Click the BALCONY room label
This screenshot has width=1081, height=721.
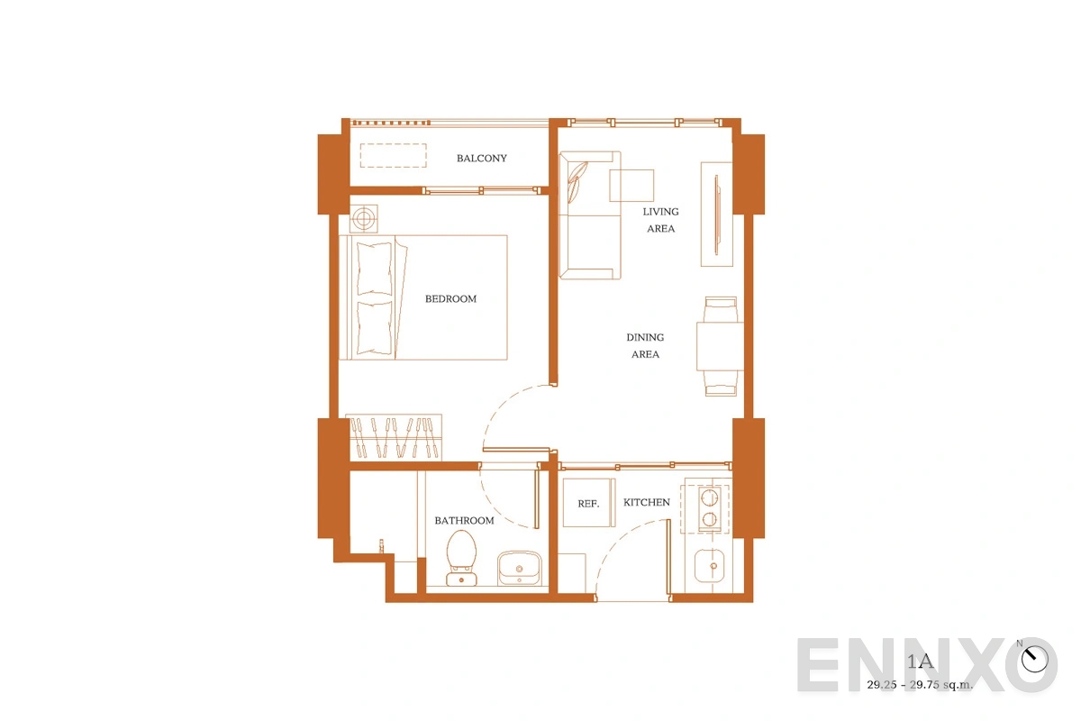point(482,159)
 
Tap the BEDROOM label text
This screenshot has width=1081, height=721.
point(450,299)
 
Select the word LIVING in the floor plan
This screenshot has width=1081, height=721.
point(660,212)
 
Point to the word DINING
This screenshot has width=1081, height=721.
point(645,337)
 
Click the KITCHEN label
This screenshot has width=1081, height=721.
point(647,502)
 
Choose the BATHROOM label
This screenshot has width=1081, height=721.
point(464,521)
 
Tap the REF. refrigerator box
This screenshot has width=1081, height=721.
point(589,503)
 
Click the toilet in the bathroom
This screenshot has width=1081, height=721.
point(462,558)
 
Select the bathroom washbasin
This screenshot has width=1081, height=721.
point(519,568)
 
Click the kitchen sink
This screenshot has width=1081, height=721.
point(710,565)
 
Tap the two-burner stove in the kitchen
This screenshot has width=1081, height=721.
point(710,508)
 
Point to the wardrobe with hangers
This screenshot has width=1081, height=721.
point(394,437)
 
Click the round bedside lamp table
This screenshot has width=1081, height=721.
point(364,219)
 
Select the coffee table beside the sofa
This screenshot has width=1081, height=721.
point(631,186)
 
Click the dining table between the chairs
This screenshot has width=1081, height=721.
point(720,346)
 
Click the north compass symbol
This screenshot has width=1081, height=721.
point(1035,659)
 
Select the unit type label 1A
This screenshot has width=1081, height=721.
point(920,662)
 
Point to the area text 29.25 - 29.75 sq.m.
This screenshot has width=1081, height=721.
point(920,685)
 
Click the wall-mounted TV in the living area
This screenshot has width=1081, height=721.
point(717,214)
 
